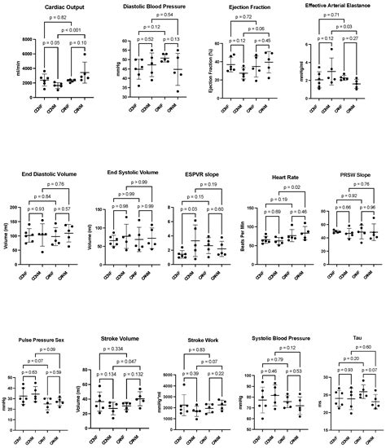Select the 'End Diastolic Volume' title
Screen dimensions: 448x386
pos(50,173)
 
